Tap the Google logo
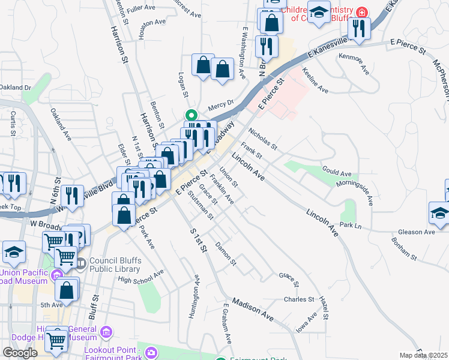pos(20,353)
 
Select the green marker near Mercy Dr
pos(191,116)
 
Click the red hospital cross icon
pos(361,12)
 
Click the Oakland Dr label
pos(15,88)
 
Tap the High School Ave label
pos(141,277)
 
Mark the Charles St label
pos(299,299)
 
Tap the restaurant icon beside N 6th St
pos(72,197)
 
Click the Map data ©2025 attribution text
pos(424,355)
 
